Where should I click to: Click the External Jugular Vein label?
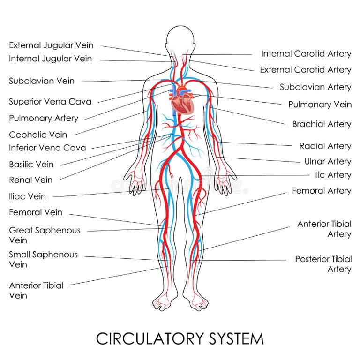(51, 45)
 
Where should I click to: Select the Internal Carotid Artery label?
(306, 54)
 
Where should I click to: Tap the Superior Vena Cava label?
(50, 102)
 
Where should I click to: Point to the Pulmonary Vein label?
(320, 105)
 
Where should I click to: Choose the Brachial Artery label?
(322, 124)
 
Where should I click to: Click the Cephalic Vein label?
(38, 135)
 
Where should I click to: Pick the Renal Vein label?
(31, 180)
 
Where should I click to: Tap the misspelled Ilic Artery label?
(332, 175)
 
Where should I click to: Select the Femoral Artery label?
(322, 191)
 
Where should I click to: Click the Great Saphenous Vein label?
(45, 235)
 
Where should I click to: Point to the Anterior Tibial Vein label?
(36, 290)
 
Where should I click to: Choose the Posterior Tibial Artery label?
(323, 264)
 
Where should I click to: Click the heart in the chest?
(181, 102)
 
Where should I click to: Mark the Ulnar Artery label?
(328, 161)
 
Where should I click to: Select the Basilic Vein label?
(31, 165)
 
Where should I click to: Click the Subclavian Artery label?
(315, 87)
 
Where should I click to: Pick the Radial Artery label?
(325, 146)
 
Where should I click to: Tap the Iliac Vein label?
(28, 196)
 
